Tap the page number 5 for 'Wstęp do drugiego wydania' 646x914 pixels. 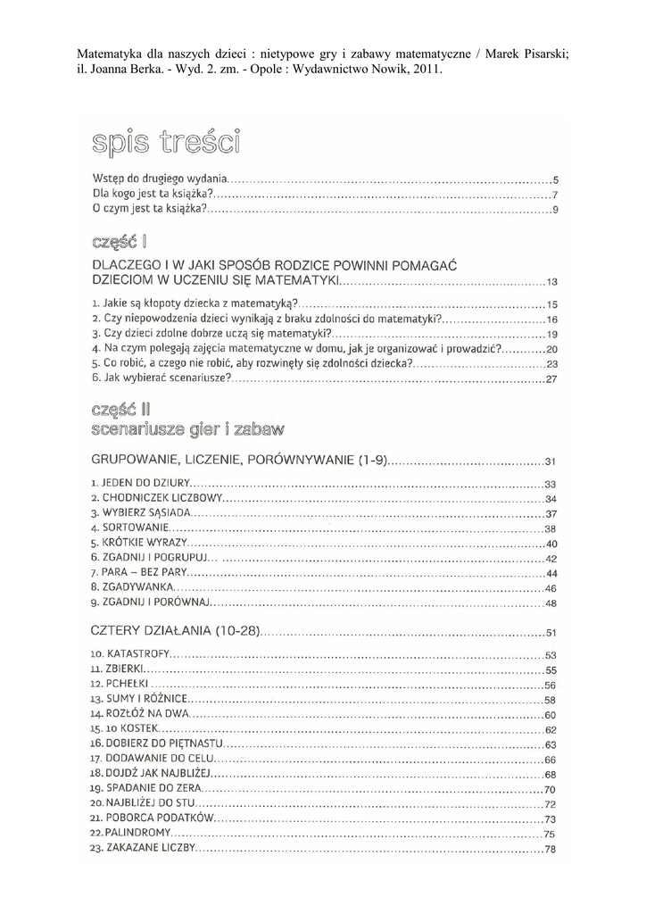tap(554, 179)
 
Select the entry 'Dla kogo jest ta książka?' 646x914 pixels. tap(152, 194)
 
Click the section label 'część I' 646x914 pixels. tap(119, 241)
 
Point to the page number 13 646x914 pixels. tap(551, 282)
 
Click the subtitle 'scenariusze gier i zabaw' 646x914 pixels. tap(187, 429)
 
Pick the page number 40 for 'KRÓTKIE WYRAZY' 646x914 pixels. tap(551, 544)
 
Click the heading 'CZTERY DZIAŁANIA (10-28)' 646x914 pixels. tap(176, 632)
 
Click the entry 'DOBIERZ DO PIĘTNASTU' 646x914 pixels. tap(161, 743)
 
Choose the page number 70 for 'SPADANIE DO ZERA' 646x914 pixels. tap(550, 790)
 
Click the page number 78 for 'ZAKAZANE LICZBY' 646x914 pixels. tap(551, 850)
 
